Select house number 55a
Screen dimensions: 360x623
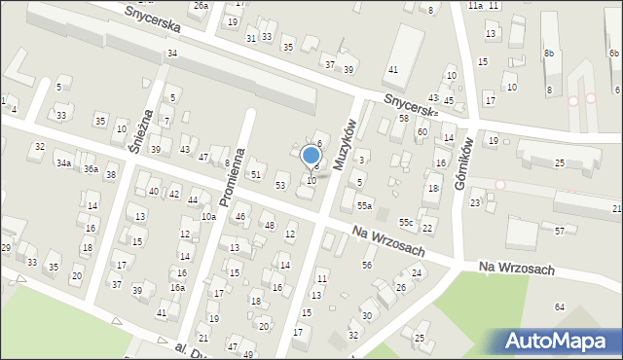pos(364,206)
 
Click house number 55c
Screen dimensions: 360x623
pos(405,224)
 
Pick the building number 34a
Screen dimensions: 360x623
pos(63,163)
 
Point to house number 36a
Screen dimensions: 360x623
pos(91,169)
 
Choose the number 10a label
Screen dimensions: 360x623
pos(208,216)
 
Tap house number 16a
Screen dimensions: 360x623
pos(177,288)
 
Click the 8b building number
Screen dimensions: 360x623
pos(549,53)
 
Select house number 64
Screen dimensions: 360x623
pos(560,307)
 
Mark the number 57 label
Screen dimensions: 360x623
pos(560,231)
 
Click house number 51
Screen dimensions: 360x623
pos(256,174)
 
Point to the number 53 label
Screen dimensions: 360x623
pos(280,185)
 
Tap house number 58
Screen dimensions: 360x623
pos(403,118)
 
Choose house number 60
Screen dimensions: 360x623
pos(421,131)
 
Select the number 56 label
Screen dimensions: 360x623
pos(367,265)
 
